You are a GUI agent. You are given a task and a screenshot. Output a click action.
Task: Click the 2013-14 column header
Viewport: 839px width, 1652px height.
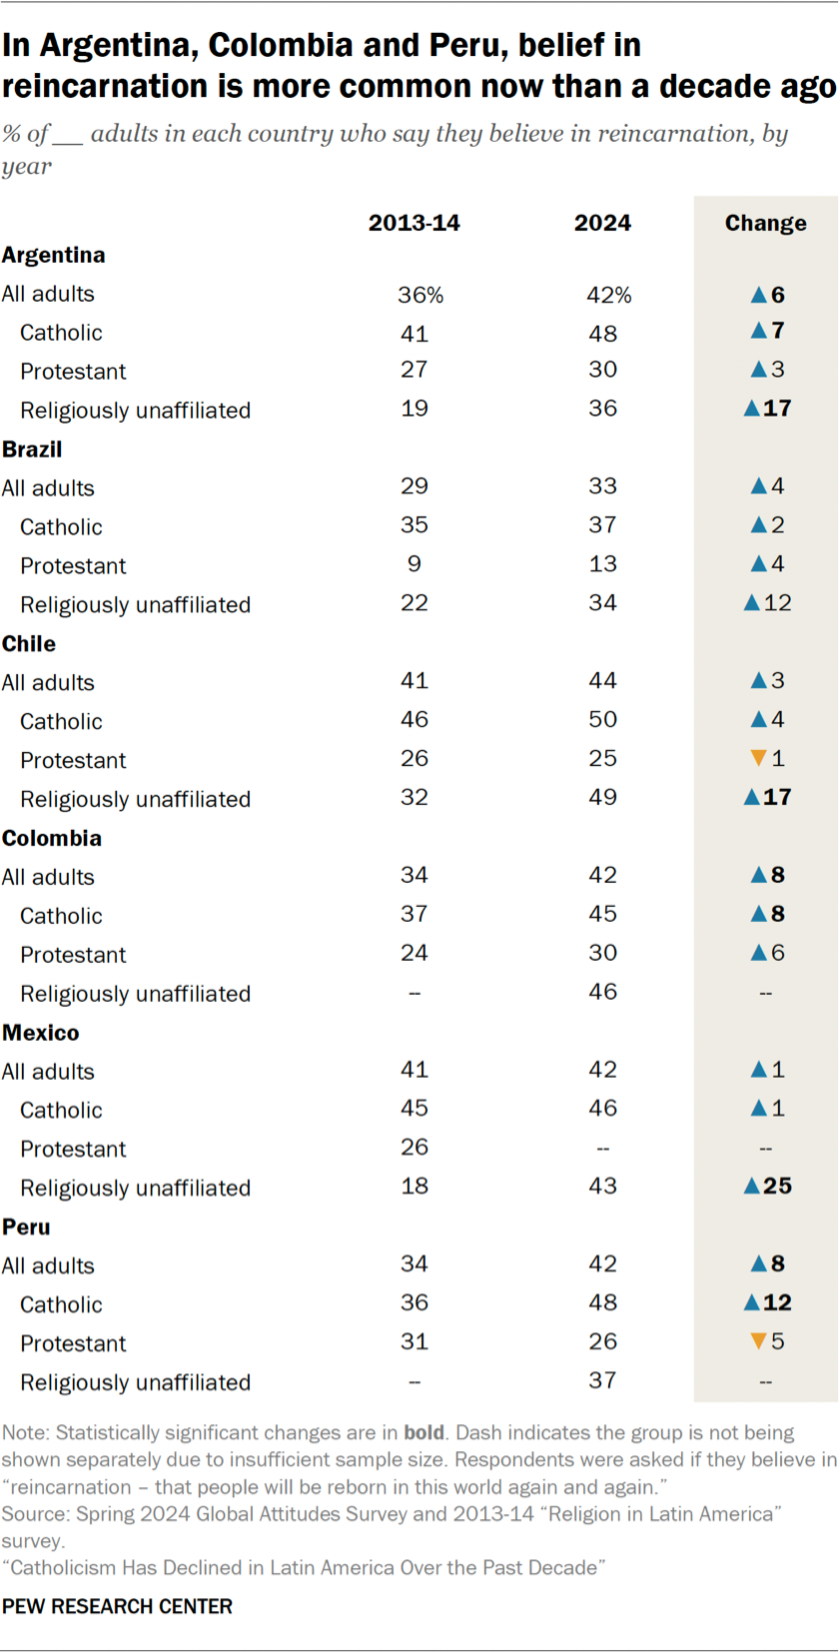pyautogui.click(x=414, y=223)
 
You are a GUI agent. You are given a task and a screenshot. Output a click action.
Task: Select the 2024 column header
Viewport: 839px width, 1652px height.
pyautogui.click(x=602, y=223)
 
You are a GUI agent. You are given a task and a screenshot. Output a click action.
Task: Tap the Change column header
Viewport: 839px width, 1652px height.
pyautogui.click(x=765, y=223)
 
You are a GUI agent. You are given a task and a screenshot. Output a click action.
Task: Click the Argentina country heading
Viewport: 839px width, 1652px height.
pyautogui.click(x=54, y=255)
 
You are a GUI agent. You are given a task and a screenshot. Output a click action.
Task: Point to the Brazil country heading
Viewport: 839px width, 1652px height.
pyautogui.click(x=32, y=449)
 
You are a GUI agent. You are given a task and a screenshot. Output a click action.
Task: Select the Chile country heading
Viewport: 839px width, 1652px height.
pyautogui.click(x=29, y=643)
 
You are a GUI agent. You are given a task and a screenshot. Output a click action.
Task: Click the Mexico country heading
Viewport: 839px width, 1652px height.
pyautogui.click(x=41, y=1033)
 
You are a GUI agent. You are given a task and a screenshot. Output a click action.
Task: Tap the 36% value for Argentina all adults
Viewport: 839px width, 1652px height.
pyautogui.click(x=420, y=295)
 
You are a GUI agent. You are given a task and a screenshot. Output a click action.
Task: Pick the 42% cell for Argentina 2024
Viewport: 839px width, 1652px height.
pyautogui.click(x=609, y=295)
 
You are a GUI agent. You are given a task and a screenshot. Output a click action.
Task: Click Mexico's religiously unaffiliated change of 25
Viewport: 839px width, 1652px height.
pyautogui.click(x=776, y=1186)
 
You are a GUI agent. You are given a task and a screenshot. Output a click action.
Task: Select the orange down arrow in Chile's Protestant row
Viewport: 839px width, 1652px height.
pyautogui.click(x=758, y=758)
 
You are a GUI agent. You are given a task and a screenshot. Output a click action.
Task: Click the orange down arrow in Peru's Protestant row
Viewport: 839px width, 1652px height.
pyautogui.click(x=758, y=1341)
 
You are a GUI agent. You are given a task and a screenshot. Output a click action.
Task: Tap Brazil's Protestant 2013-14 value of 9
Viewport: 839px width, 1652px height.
pyautogui.click(x=415, y=563)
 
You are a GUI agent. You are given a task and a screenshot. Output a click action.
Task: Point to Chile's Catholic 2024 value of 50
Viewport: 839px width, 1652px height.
pyautogui.click(x=602, y=719)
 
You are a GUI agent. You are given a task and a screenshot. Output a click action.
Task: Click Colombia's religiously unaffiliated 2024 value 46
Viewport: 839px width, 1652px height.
pyautogui.click(x=602, y=992)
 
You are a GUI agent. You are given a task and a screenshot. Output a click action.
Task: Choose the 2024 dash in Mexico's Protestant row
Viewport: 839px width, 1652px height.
pyautogui.click(x=602, y=1148)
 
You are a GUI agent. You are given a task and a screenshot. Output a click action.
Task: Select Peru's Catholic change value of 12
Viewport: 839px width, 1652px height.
pyautogui.click(x=776, y=1302)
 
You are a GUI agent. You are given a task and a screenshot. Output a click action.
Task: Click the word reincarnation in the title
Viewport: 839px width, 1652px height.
pyautogui.click(x=97, y=87)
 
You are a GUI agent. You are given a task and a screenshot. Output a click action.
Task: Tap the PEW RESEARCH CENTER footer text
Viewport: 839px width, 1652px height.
pyautogui.click(x=117, y=1606)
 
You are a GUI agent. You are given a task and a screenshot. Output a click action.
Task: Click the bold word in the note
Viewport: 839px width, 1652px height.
pyautogui.click(x=423, y=1432)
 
